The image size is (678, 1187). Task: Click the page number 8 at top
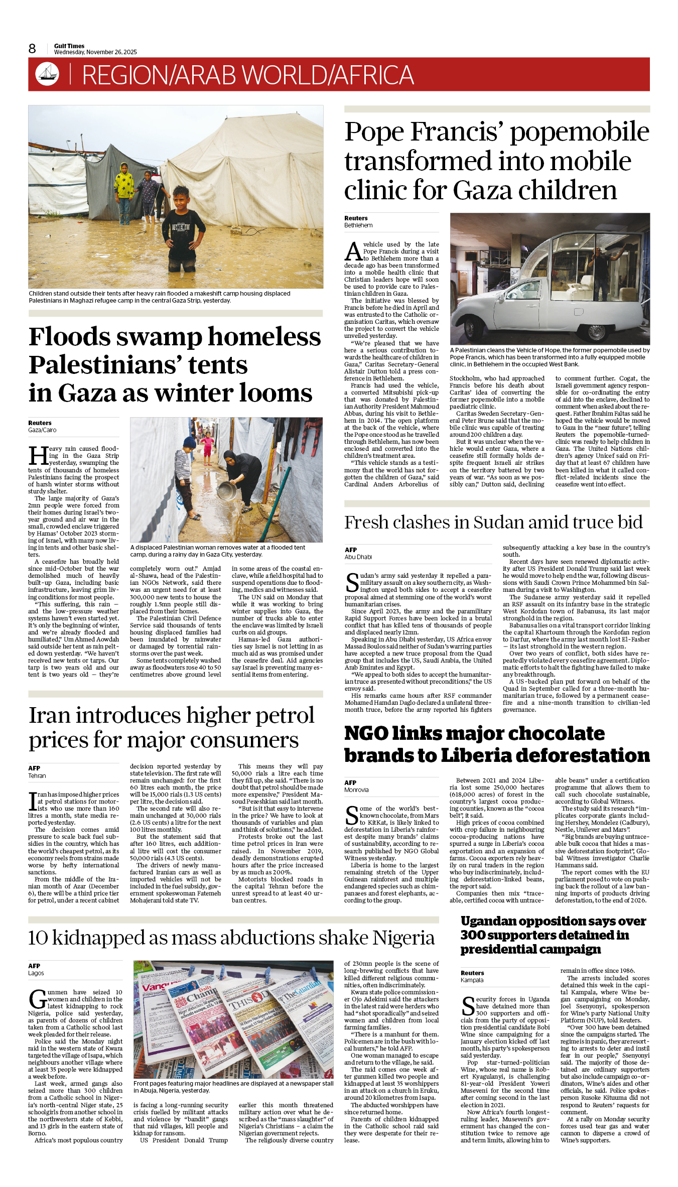coord(32,49)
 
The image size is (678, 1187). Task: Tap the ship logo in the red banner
coord(47,74)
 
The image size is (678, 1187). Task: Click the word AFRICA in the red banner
coord(373,75)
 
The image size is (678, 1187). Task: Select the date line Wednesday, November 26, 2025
coord(95,52)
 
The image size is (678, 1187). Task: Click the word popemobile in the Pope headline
coord(580,132)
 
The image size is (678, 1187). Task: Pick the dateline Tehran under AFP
coord(37,775)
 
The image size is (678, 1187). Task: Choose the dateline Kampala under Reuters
coord(472,980)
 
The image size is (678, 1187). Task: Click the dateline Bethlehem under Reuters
coord(358,225)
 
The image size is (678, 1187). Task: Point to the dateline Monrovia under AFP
coord(356,789)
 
